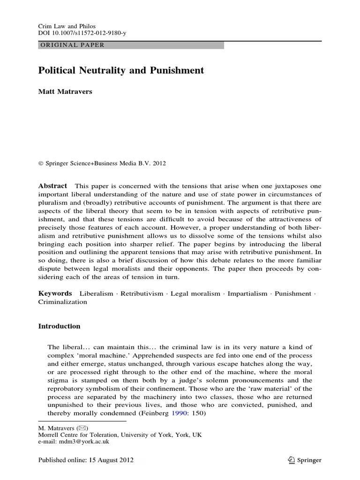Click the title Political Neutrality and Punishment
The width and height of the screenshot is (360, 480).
click(121, 70)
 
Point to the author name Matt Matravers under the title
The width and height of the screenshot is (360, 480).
click(66, 92)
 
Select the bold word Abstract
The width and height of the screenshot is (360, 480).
click(52, 186)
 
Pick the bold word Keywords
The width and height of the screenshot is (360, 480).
click(55, 293)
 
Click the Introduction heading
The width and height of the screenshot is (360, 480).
click(59, 326)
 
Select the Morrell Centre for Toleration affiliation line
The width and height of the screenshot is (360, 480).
click(120, 435)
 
